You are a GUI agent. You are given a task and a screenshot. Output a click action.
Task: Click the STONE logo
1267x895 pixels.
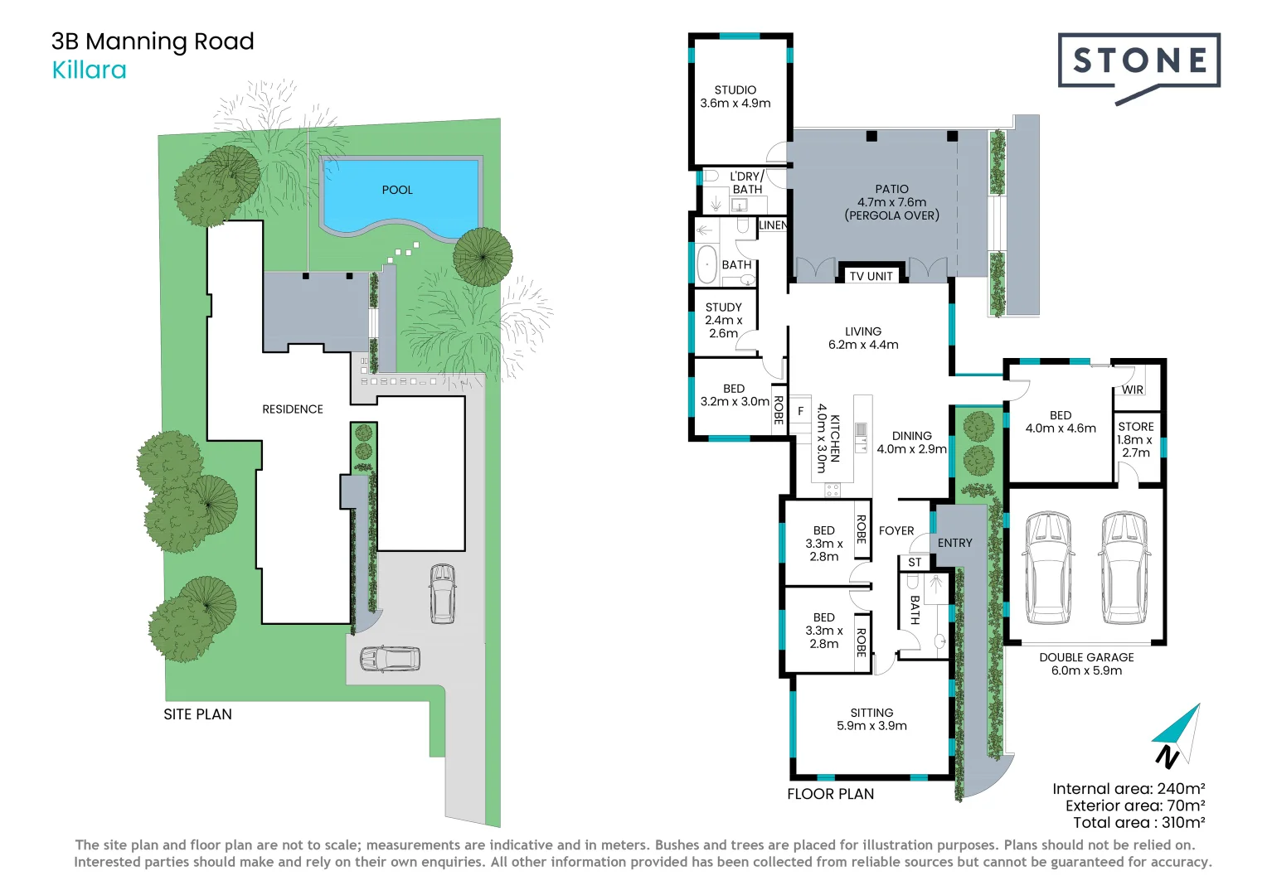(1138, 62)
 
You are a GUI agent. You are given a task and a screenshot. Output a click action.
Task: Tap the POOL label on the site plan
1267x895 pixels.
(397, 190)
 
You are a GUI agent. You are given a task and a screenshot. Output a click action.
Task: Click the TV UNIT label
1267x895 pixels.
(871, 276)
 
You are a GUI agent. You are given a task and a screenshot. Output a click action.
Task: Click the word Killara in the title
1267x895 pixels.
(90, 70)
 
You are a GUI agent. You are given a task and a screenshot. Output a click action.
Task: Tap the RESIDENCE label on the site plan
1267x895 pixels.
(293, 409)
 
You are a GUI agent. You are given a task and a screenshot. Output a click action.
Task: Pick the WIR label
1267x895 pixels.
(1133, 389)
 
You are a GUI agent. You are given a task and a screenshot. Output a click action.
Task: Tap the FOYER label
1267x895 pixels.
(896, 530)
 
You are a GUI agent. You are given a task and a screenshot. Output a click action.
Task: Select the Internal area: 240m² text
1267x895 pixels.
(1129, 789)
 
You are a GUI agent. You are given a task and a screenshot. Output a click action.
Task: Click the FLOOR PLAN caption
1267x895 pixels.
(830, 794)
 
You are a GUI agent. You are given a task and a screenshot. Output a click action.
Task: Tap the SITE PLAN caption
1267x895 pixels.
(197, 714)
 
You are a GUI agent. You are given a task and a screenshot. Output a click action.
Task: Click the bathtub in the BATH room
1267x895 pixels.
(706, 264)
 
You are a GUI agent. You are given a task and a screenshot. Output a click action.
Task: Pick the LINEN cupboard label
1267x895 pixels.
(773, 225)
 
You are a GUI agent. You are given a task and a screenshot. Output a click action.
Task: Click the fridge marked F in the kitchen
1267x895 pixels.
(800, 411)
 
